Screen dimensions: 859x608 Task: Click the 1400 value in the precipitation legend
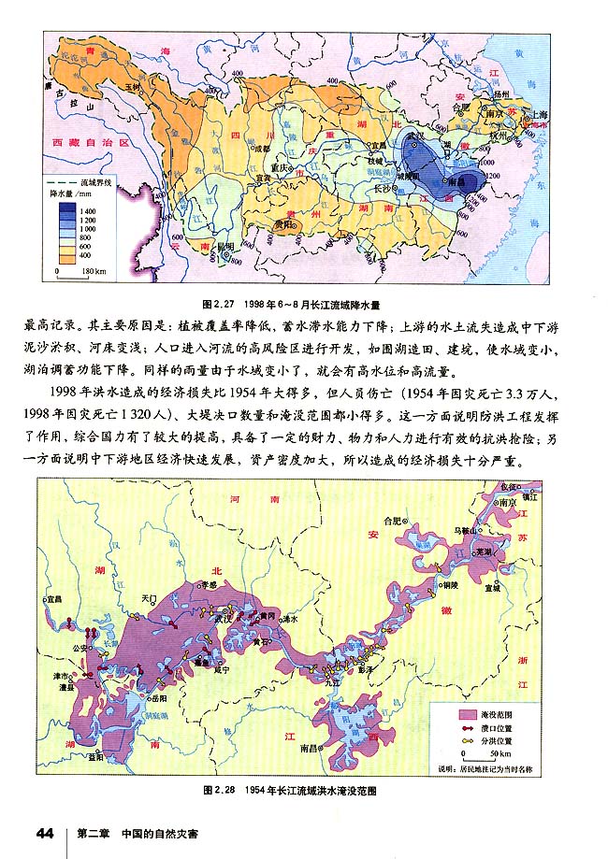89,212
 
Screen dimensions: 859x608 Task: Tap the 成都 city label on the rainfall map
260,147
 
